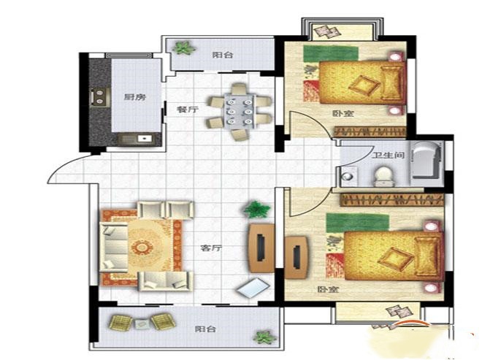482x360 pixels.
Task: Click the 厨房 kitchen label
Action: coord(134,97)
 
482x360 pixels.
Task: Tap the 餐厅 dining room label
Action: coord(188,109)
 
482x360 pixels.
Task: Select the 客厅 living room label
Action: coord(211,248)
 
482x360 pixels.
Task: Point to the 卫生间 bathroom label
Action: coord(389,155)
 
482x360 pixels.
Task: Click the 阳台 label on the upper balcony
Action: coord(223,55)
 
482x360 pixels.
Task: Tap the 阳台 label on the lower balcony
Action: coord(205,329)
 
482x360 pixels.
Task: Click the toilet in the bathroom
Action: coord(383,177)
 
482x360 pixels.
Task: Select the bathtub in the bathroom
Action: coord(427,160)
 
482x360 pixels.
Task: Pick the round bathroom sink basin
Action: coord(348,177)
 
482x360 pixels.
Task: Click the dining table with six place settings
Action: coord(240,111)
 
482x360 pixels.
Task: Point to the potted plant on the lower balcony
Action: coord(264,337)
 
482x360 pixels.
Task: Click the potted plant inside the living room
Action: coord(256,210)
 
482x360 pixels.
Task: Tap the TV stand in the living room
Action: coord(261,248)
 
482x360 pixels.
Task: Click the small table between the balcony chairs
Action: coord(142,323)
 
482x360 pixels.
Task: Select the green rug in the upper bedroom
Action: coord(331,53)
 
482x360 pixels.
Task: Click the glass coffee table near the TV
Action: coord(253,288)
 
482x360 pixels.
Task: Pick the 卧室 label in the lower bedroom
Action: coord(328,290)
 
